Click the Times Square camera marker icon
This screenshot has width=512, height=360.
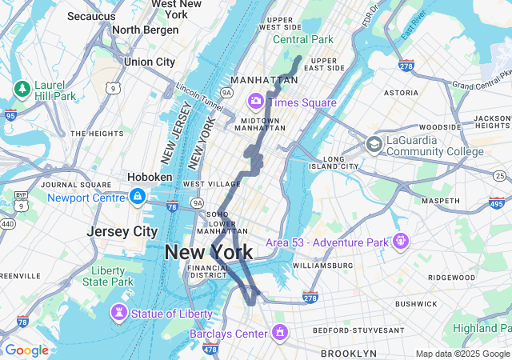tap(256, 101)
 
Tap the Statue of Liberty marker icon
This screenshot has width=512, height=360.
tap(120, 312)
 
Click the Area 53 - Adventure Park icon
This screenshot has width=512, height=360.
tap(401, 240)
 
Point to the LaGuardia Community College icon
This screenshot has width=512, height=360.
tap(374, 145)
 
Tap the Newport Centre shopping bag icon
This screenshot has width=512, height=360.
tap(138, 197)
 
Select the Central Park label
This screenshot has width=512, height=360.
tap(303, 39)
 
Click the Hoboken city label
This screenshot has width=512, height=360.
tap(150, 177)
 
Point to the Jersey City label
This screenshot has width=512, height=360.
tap(122, 231)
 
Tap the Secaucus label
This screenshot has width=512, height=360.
tap(91, 16)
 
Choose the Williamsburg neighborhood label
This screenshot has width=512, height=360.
tap(322, 265)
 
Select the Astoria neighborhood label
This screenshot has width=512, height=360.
tap(401, 93)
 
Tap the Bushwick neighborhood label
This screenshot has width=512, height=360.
tap(416, 304)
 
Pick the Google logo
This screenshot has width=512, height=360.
tap(26, 350)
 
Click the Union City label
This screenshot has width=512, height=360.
tap(150, 62)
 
